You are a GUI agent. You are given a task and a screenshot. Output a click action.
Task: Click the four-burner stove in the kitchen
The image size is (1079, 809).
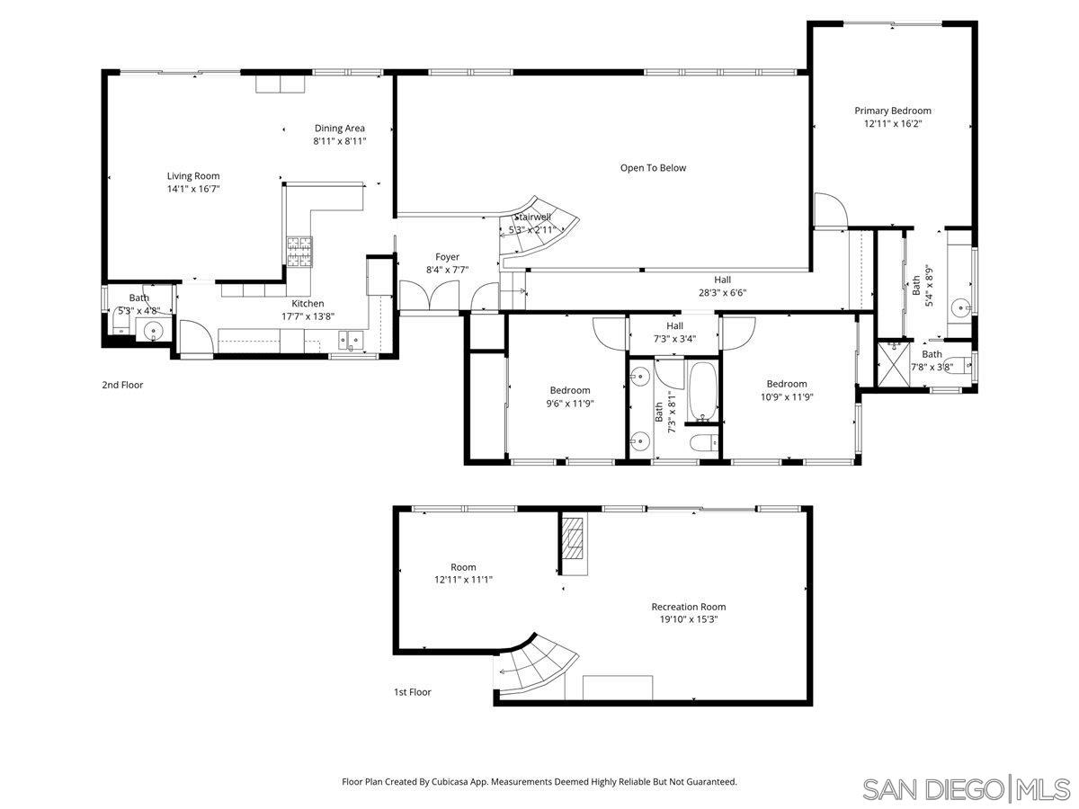tap(300, 251)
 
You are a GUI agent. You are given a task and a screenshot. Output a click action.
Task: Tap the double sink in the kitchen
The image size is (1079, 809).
tap(351, 341)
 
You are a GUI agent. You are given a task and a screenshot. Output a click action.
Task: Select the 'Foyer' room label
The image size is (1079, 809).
tap(447, 257)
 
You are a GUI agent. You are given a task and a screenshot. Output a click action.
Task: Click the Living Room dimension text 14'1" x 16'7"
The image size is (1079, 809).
tap(192, 189)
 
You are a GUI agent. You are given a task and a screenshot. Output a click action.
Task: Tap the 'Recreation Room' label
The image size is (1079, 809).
tap(688, 607)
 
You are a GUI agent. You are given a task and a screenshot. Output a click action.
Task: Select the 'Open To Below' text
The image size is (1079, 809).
tap(653, 168)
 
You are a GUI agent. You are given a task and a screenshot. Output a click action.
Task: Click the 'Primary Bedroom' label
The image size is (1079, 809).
tap(892, 111)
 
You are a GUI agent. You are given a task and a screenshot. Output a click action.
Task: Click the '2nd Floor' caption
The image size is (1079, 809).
tap(122, 385)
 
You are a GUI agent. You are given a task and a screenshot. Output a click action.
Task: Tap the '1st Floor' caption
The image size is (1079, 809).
tap(412, 692)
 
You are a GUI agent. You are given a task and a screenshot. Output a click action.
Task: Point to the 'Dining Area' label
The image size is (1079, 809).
tap(339, 129)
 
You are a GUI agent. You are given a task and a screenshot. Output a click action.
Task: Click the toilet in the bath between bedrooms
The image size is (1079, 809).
tap(702, 441)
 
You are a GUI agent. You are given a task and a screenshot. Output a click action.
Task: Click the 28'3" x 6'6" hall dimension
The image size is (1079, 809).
tap(722, 292)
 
